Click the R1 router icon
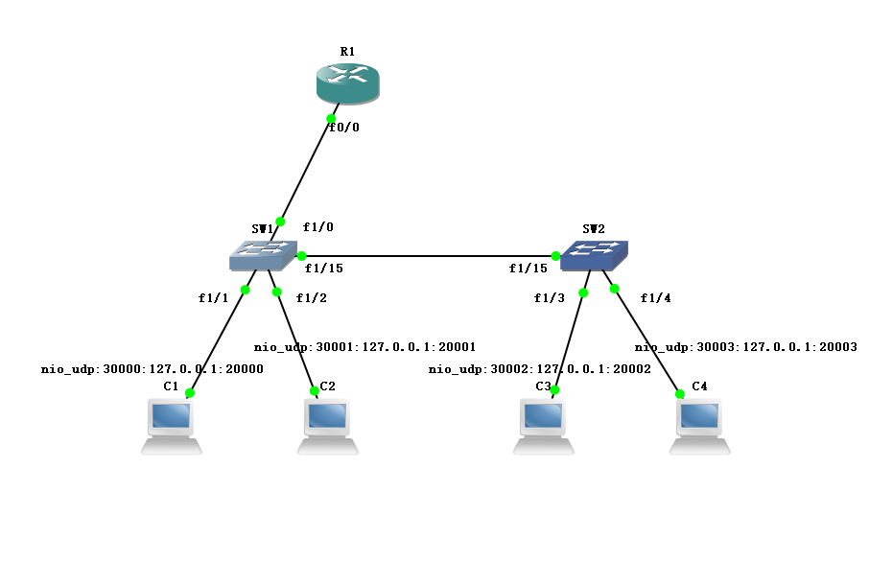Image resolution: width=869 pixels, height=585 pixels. (x=348, y=83)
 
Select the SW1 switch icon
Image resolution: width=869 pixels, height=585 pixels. (x=263, y=254)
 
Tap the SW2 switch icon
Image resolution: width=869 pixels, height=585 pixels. (x=595, y=254)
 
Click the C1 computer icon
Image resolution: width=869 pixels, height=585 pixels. (x=172, y=427)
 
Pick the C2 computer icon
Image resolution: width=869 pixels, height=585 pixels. (x=328, y=427)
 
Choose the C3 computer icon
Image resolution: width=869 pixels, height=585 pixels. (x=544, y=427)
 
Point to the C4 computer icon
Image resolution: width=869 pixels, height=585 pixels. (x=699, y=427)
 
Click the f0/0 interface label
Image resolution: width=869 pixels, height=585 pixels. (x=343, y=127)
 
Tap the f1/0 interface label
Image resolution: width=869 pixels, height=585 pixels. (x=318, y=227)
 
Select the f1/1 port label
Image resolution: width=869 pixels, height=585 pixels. (x=214, y=297)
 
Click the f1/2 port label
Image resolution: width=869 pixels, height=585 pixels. (x=312, y=297)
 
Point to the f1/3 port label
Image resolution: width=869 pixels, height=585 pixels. (x=550, y=297)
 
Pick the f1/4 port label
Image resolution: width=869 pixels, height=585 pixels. (x=656, y=297)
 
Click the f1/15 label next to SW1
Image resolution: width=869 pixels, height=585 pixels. (x=324, y=269)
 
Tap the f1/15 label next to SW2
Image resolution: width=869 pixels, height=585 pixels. (x=528, y=269)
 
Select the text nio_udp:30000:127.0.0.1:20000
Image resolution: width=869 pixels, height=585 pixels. (x=152, y=368)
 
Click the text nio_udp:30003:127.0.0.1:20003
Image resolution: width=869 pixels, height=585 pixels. (x=745, y=347)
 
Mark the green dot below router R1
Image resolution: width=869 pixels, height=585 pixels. (x=332, y=119)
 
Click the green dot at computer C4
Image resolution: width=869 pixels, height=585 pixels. (x=680, y=393)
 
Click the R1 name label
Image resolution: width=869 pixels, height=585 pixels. (x=347, y=51)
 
